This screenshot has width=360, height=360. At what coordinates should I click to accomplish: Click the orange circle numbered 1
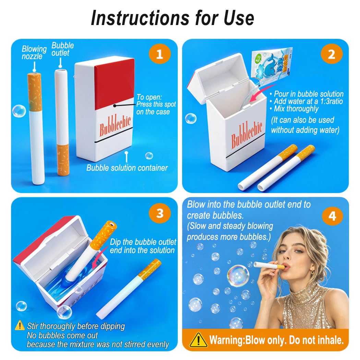(x=159, y=54)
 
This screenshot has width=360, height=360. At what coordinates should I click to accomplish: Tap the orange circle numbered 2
(x=332, y=54)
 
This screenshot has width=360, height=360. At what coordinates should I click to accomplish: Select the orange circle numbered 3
(x=160, y=213)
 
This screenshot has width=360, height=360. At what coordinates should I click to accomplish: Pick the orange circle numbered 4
(x=333, y=216)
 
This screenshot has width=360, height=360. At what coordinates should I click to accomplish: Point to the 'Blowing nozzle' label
(x=34, y=52)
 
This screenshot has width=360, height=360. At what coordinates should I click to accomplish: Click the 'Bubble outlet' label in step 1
(x=62, y=49)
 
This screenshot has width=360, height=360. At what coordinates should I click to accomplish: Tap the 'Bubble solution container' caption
(x=127, y=168)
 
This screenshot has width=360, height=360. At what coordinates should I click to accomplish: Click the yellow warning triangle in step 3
(x=20, y=325)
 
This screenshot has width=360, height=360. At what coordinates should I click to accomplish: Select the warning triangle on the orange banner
(x=198, y=340)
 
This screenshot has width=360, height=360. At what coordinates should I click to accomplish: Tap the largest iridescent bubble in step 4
(x=238, y=276)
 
